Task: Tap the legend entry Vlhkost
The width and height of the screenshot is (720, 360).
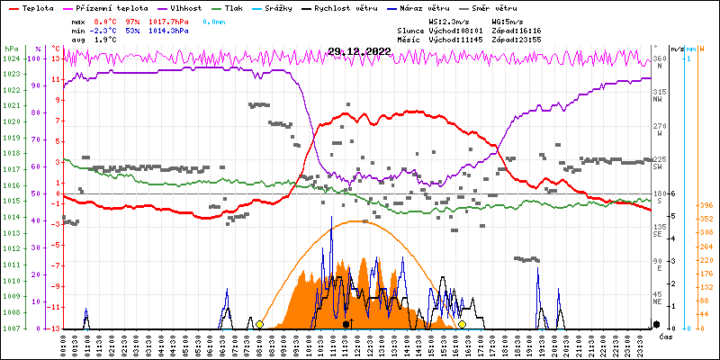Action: pyautogui.click(x=185, y=7)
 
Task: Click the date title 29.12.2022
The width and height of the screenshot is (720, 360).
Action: pyautogui.click(x=360, y=51)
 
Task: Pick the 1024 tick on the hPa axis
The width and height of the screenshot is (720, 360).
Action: pyautogui.click(x=11, y=58)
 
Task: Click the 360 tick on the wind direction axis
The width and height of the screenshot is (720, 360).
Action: pyautogui.click(x=660, y=59)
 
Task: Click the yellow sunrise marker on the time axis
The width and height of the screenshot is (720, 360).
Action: pyautogui.click(x=259, y=324)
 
